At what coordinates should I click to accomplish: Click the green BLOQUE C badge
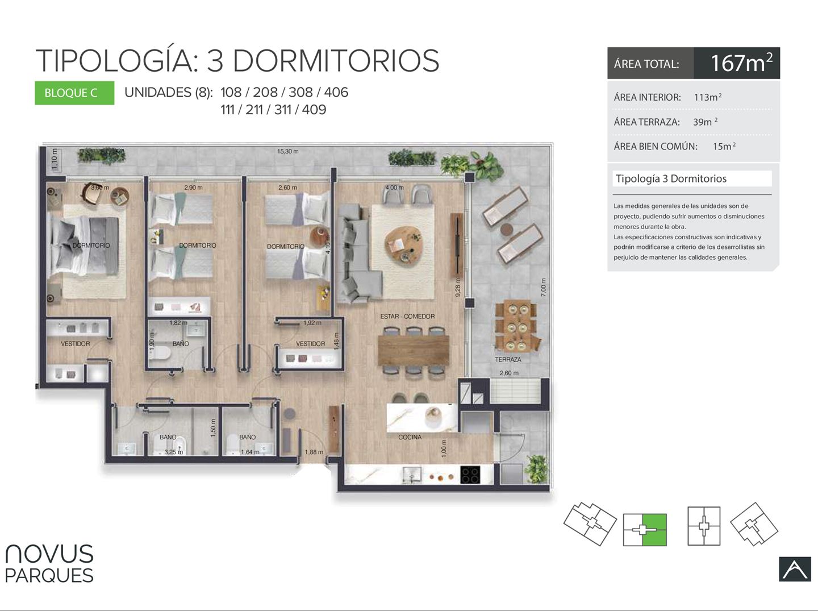pyautogui.click(x=74, y=93)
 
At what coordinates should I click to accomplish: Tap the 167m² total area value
pyautogui.click(x=741, y=63)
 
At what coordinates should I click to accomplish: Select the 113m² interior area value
pyautogui.click(x=708, y=97)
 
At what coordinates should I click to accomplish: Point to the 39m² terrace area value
pyautogui.click(x=705, y=122)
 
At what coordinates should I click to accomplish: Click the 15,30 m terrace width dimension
pyautogui.click(x=287, y=151)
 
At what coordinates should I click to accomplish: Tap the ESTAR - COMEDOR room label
pyautogui.click(x=407, y=316)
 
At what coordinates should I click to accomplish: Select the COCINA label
pyautogui.click(x=410, y=437)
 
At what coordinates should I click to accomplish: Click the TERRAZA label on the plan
pyautogui.click(x=508, y=360)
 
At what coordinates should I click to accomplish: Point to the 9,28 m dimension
pyautogui.click(x=458, y=288)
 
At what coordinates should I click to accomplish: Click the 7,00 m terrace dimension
pyautogui.click(x=544, y=287)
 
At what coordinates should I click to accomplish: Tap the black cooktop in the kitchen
pyautogui.click(x=470, y=475)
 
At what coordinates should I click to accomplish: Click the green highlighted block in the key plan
pyautogui.click(x=654, y=530)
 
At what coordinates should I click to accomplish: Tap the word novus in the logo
pyautogui.click(x=49, y=554)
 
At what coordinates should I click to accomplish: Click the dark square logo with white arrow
pyautogui.click(x=795, y=569)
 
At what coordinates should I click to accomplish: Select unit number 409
pyautogui.click(x=314, y=110)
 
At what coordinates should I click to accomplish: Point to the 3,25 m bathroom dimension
pyautogui.click(x=174, y=452)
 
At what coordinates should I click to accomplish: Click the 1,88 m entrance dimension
pyautogui.click(x=314, y=452)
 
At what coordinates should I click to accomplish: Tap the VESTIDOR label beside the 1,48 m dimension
pyautogui.click(x=310, y=344)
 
